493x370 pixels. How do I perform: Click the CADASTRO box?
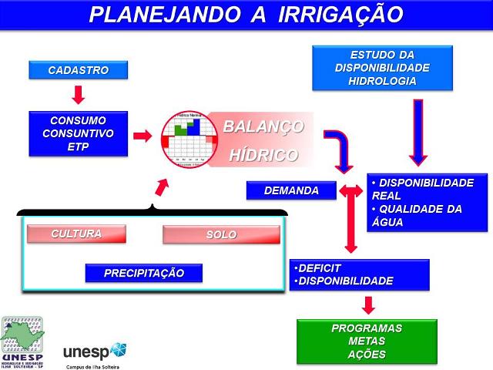pyautogui.click(x=78, y=70)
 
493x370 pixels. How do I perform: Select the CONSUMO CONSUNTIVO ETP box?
pyautogui.click(x=78, y=133)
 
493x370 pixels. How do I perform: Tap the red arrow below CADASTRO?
pyautogui.click(x=77, y=95)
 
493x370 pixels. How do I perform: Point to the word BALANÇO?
pyautogui.click(x=263, y=126)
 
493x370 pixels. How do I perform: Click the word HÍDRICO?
pyautogui.click(x=263, y=155)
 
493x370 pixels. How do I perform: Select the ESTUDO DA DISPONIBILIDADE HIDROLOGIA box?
pyautogui.click(x=382, y=69)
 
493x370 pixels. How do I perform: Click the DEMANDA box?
pyautogui.click(x=291, y=190)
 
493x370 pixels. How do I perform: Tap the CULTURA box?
pyautogui.click(x=76, y=234)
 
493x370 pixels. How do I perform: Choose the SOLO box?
pyautogui.click(x=221, y=234)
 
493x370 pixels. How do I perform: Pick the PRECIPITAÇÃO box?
pyautogui.click(x=144, y=273)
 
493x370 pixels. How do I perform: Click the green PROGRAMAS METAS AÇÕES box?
pyautogui.click(x=367, y=341)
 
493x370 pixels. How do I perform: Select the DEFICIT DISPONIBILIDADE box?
pyautogui.click(x=359, y=274)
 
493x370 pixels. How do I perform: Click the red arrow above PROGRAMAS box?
pyautogui.click(x=367, y=304)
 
